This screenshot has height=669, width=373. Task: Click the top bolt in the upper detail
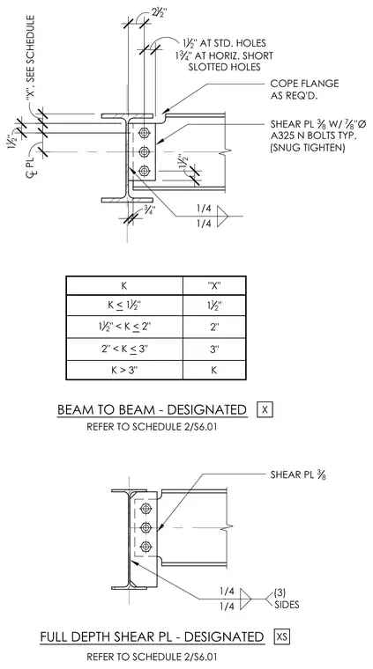pos(145,132)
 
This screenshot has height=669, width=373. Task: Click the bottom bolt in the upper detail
pos(145,171)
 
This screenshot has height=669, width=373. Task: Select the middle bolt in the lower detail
pos(146,528)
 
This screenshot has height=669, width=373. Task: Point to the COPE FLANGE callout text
pos(304,89)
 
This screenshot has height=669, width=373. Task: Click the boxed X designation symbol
pos(265,409)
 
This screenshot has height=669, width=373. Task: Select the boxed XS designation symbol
pos(282,637)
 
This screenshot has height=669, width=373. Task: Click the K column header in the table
pos(124,285)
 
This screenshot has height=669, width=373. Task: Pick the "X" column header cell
pos(214,285)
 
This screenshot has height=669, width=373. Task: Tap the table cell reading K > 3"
pos(124,370)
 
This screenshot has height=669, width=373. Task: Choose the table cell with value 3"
pos(214,349)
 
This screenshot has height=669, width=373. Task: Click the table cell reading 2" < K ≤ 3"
pos(124,349)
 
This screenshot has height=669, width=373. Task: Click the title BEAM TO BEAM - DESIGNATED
pos(152,409)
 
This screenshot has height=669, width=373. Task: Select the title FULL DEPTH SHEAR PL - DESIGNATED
pos(152,637)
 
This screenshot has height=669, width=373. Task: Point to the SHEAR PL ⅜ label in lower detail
pos(298,474)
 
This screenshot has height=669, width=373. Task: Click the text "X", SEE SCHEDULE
pos(30,59)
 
